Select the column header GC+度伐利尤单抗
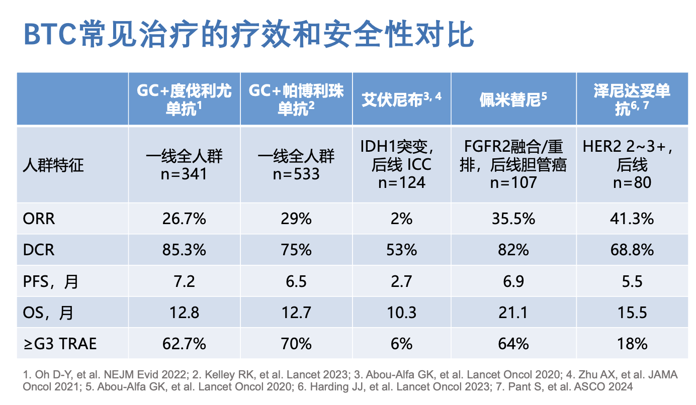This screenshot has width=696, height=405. point(184,99)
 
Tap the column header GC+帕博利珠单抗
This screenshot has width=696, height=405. point(296,99)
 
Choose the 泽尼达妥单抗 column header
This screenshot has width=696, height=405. point(632,99)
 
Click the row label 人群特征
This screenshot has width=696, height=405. point(53,165)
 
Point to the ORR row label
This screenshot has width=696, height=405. point(38,219)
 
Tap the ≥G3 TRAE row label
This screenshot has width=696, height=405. point(59,344)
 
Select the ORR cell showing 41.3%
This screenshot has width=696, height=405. point(632,219)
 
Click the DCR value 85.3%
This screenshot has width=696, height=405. point(184,250)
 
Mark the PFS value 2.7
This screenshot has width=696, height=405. point(401,281)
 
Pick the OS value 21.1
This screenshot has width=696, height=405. point(513,313)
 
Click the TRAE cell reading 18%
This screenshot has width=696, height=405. point(632,344)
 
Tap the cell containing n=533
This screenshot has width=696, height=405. point(296,165)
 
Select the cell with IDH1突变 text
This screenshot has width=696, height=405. point(401,164)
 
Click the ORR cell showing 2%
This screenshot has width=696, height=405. point(401,219)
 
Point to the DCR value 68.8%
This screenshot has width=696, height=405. point(632,250)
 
